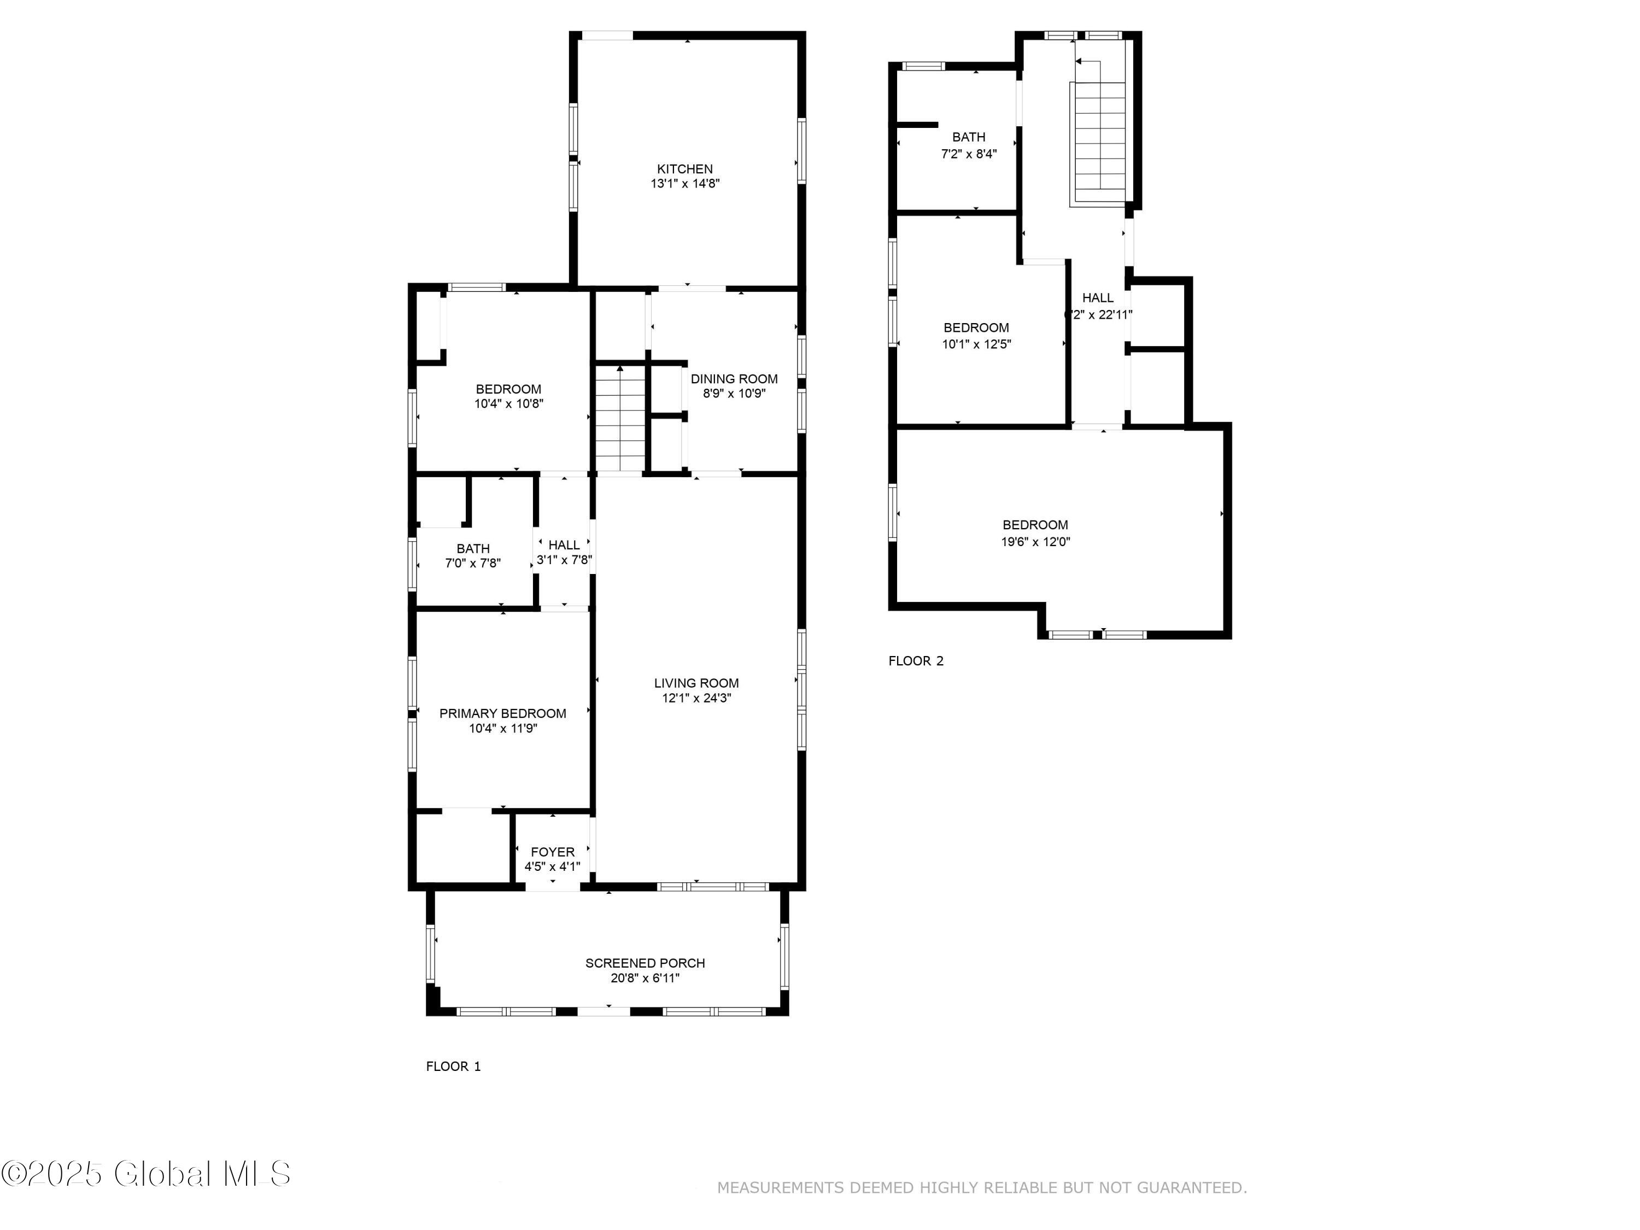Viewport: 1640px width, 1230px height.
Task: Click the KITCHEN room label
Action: pyautogui.click(x=685, y=169)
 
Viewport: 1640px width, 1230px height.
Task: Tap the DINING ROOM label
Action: pyautogui.click(x=734, y=379)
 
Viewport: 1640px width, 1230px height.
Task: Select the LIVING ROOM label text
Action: pyautogui.click(x=696, y=683)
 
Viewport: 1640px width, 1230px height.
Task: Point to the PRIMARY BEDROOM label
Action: pyautogui.click(x=503, y=713)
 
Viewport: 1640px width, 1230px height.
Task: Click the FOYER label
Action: pyautogui.click(x=552, y=852)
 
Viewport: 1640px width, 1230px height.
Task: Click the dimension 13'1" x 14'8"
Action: pyautogui.click(x=685, y=184)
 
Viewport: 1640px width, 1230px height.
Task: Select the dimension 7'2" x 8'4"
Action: pyautogui.click(x=968, y=154)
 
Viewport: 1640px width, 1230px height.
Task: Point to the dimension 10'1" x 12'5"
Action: pyautogui.click(x=976, y=343)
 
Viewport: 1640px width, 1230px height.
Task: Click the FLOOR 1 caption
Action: pyautogui.click(x=453, y=1066)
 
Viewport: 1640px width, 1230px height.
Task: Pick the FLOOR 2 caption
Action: pyautogui.click(x=916, y=660)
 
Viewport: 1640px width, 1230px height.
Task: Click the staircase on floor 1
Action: pyautogui.click(x=620, y=419)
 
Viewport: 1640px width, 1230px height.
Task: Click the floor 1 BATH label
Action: pyautogui.click(x=473, y=549)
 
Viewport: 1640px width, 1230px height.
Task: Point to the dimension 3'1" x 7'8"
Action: pyautogui.click(x=564, y=560)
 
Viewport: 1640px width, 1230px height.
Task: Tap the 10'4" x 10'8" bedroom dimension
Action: pyautogui.click(x=508, y=404)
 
